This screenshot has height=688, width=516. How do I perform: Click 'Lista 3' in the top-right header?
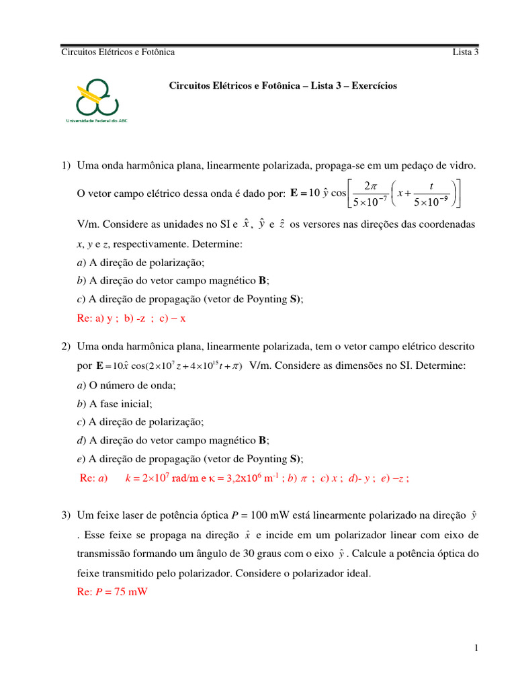466,52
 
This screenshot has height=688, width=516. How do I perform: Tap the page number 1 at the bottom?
476,648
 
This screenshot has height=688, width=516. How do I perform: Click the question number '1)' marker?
66,165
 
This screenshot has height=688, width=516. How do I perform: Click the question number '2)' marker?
66,346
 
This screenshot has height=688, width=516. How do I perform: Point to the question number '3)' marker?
66,515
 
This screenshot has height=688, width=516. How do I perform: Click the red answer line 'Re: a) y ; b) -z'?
131,318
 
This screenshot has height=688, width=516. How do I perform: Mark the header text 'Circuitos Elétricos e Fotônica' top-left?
118,52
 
